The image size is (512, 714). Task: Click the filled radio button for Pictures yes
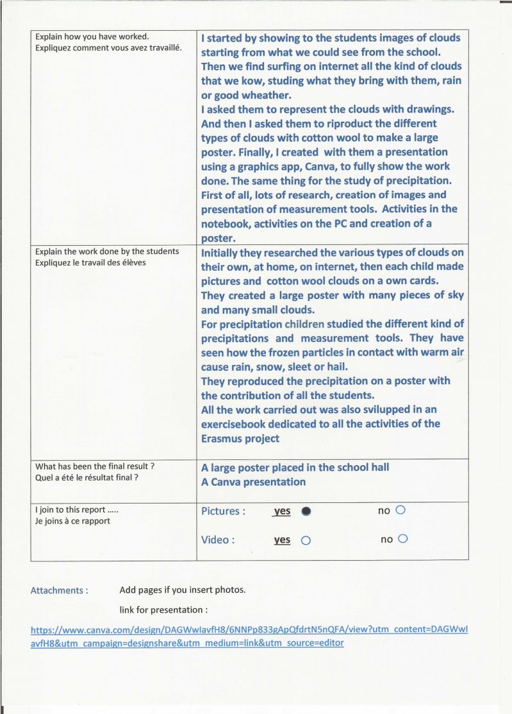(x=306, y=511)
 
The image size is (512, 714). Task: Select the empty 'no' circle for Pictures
(x=401, y=511)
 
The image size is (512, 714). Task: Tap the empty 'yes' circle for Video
(x=306, y=540)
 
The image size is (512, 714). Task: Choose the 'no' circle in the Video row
(x=403, y=539)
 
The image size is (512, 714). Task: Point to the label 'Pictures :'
(x=223, y=511)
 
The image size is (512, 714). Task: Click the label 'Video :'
(x=217, y=540)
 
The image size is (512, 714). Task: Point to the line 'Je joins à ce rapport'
(x=72, y=521)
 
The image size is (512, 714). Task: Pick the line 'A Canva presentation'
(x=253, y=482)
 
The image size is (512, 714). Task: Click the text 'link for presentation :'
(x=163, y=609)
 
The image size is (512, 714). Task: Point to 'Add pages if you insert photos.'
(x=183, y=590)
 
